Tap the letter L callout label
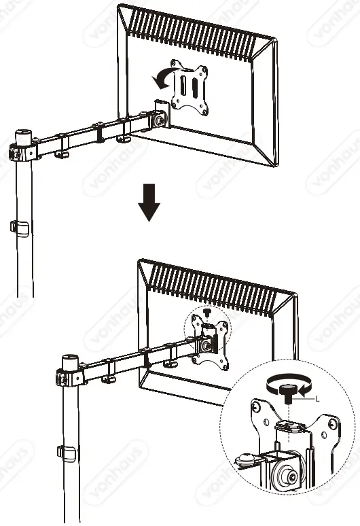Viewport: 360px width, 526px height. pyautogui.click(x=317, y=402)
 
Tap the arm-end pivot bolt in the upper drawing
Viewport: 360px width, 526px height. pyautogui.click(x=160, y=120)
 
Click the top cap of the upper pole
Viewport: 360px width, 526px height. pyautogui.click(x=24, y=130)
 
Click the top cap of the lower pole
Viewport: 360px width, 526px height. pyautogui.click(x=69, y=358)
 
